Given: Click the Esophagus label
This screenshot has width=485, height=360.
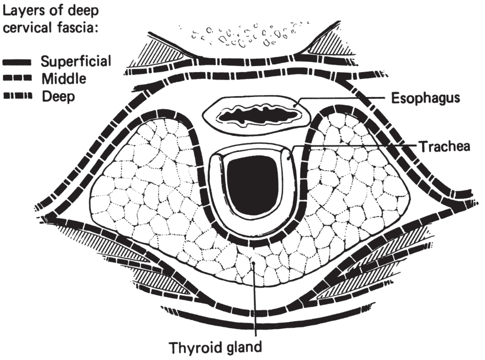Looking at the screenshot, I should [425, 98].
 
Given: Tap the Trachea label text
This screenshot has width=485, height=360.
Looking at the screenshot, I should [444, 146].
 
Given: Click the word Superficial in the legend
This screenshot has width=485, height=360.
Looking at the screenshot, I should [76, 61].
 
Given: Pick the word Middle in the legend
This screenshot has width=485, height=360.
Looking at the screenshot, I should [64, 79].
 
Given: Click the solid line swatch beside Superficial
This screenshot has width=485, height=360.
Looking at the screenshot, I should [17, 62].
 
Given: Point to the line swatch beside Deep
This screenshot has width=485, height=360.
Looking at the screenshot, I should [17, 96].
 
